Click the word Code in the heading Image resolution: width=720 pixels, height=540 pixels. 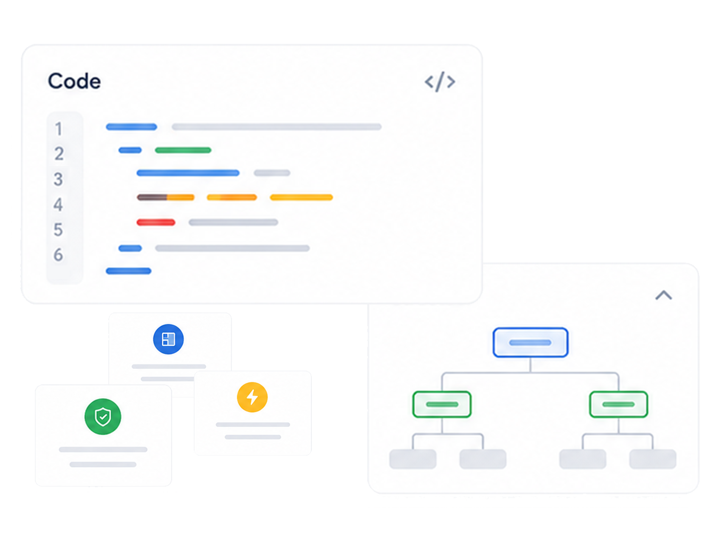[x=74, y=81]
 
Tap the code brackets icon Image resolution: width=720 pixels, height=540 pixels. [x=440, y=82]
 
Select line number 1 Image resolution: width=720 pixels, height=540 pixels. [x=59, y=128]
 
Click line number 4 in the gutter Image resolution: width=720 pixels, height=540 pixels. [x=58, y=204]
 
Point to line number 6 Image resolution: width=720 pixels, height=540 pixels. [x=58, y=255]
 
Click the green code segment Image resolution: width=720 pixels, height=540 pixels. [x=183, y=150]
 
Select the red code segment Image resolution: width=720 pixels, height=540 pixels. [x=156, y=222]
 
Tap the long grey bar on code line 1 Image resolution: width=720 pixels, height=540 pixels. [x=276, y=127]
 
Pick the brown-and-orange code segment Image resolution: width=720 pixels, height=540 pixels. [x=166, y=197]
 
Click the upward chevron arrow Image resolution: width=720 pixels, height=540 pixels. [x=664, y=295]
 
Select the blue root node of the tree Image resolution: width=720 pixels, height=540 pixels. [x=531, y=342]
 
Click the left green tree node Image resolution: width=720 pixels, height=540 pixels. [x=442, y=404]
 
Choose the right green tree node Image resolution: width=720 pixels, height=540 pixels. [x=619, y=404]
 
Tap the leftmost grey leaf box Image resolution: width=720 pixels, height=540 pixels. [x=413, y=459]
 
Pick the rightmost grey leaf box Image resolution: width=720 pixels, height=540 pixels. [x=653, y=459]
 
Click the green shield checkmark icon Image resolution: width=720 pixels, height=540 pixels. [x=102, y=416]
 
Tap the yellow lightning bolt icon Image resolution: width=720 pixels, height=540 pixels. [x=252, y=397]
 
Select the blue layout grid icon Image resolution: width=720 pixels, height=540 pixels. [x=168, y=339]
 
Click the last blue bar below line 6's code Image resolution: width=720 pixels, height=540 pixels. [x=129, y=271]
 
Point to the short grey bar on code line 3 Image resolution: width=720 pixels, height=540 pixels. [x=272, y=173]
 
